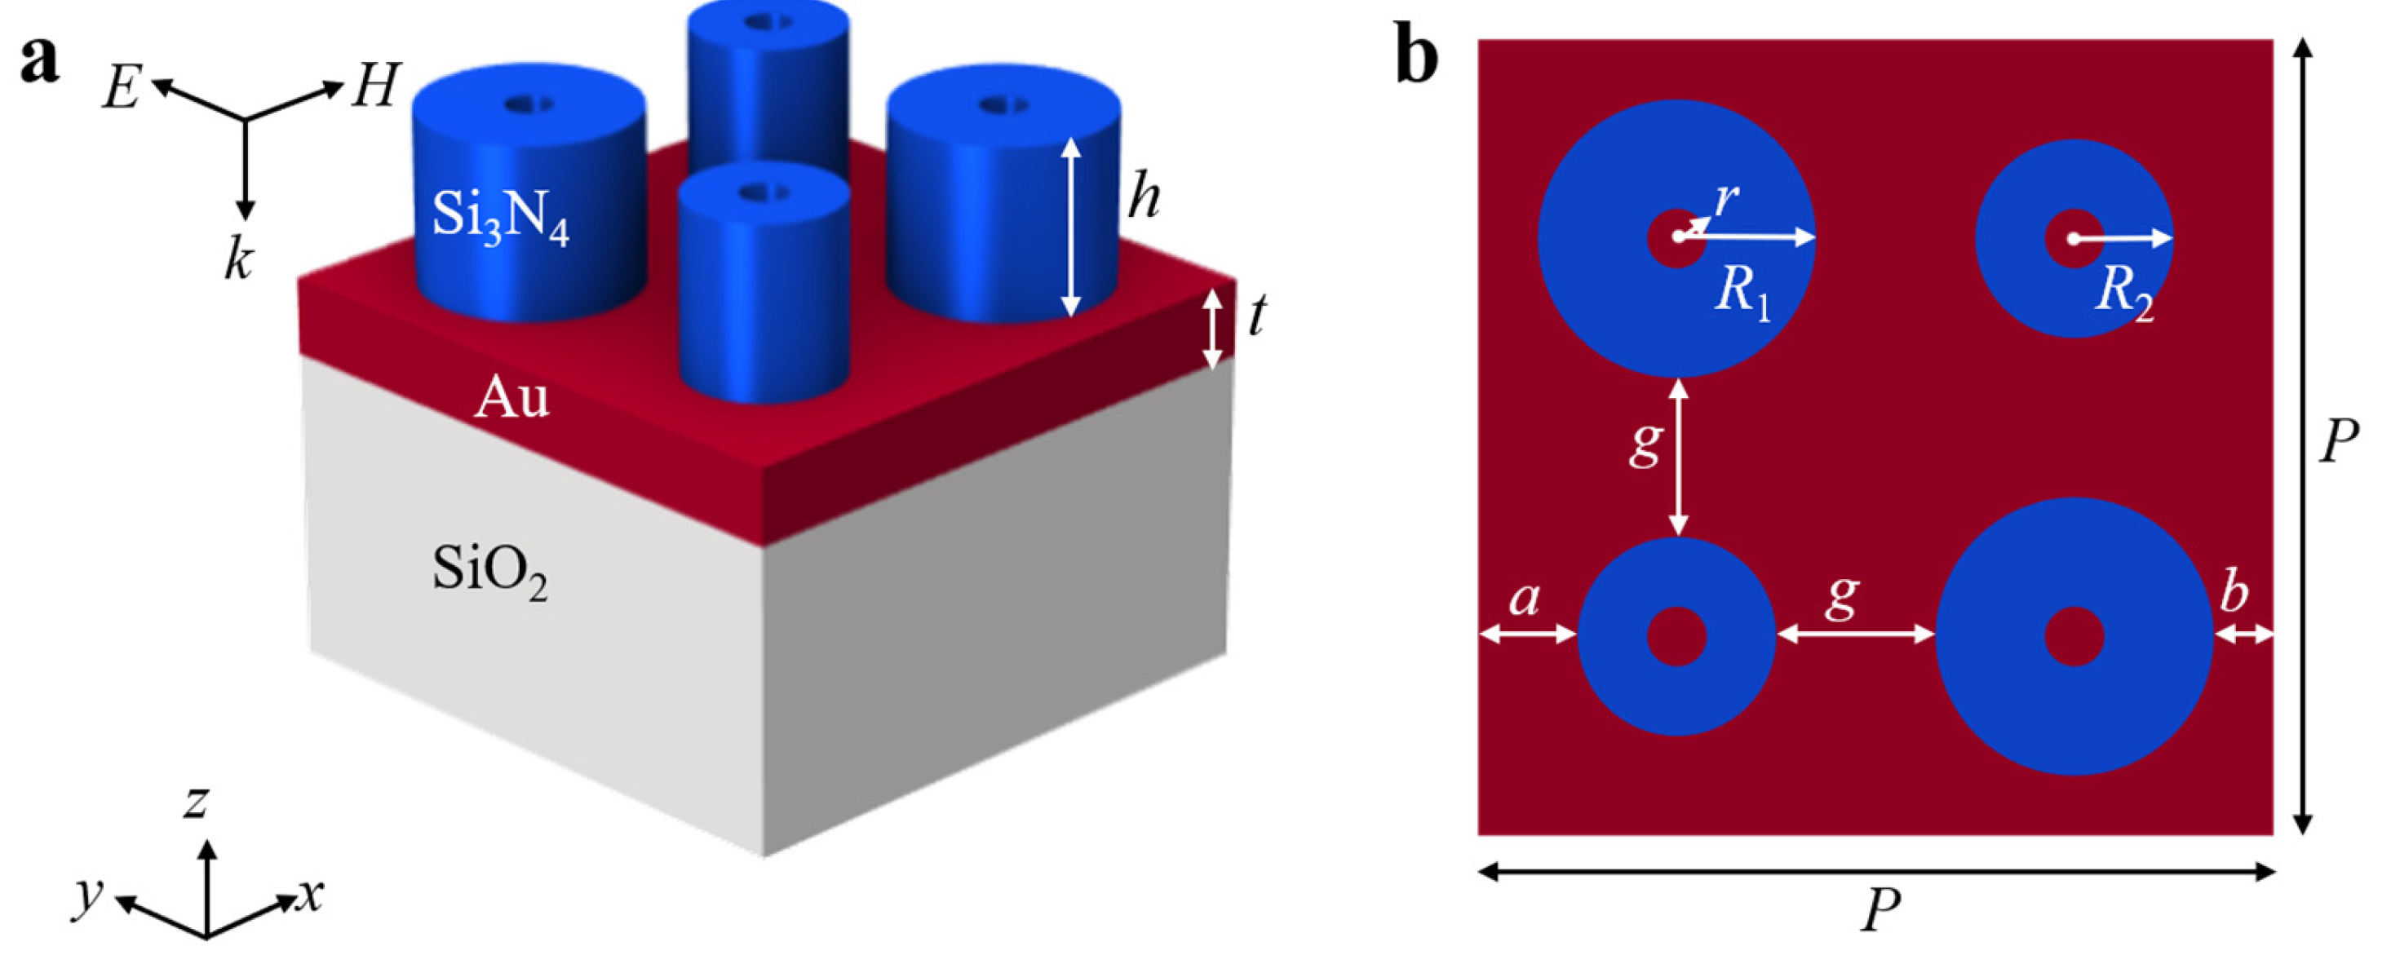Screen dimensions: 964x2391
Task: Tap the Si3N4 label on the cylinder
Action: tap(499, 218)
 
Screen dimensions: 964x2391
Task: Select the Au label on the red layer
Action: tap(511, 399)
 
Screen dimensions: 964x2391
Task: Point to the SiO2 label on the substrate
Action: tap(489, 571)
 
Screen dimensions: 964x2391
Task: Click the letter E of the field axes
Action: tap(122, 89)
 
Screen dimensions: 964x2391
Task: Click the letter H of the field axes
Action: tap(376, 86)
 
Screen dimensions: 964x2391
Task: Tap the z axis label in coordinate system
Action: tap(196, 801)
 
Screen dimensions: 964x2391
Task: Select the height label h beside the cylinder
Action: tap(1144, 197)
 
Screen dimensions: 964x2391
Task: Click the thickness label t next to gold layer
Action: tap(1257, 316)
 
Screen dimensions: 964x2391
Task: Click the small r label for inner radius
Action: tap(1725, 198)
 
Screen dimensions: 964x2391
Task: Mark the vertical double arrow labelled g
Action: tap(1678, 458)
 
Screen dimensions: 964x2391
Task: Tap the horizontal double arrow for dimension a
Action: tap(1528, 635)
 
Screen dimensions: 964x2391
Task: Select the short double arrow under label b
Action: tap(2243, 635)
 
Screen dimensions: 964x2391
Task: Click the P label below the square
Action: tap(1880, 911)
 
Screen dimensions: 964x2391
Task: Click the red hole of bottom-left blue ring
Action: tap(1676, 636)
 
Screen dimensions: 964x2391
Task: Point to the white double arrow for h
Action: tap(1071, 228)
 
